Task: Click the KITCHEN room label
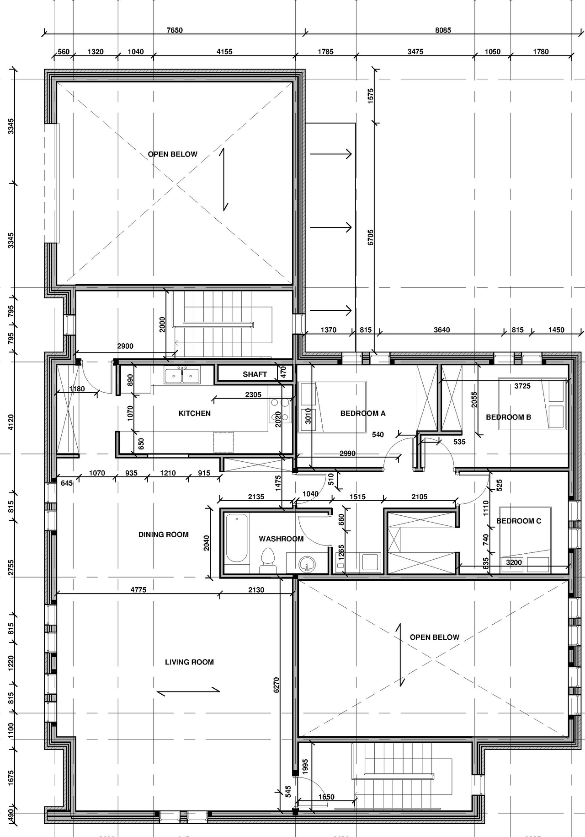pos(194,413)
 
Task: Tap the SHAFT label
pos(255,374)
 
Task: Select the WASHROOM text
pos(281,539)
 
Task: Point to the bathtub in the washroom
pos(236,538)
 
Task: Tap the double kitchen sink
pos(182,376)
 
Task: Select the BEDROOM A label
pos(363,413)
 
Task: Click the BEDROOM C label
pos(519,521)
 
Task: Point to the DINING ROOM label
pos(163,535)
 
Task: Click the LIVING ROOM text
pos(189,662)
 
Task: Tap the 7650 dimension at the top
pos(175,30)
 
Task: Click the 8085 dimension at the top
pos(443,30)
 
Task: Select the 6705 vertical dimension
pos(371,237)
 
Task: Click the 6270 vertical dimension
pos(276,685)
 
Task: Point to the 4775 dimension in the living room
pos(138,590)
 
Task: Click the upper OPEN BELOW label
pos(172,154)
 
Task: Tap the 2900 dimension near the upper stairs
pos(125,346)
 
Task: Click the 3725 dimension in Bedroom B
pos(522,386)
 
